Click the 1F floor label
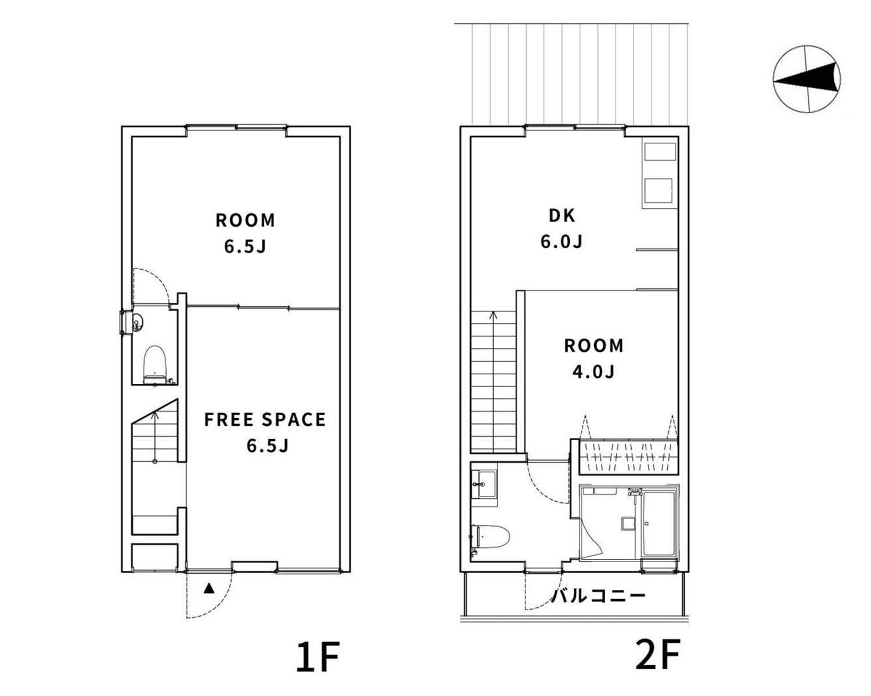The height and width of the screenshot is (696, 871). coord(317,657)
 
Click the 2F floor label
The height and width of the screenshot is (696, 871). coord(657,654)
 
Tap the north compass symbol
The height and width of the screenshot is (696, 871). coord(806,79)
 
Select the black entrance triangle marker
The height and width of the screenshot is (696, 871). coord(209,588)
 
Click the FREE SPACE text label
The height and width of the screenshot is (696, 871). coord(265,419)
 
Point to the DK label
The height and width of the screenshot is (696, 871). coord(562,216)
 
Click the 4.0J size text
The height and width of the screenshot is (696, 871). coord(593,372)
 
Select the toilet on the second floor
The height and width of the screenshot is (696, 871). coord(490,537)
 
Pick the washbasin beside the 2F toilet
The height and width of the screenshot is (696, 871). coord(484,484)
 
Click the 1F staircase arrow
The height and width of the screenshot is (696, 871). coord(154,437)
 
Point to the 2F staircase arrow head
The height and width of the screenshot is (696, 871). coord(494,314)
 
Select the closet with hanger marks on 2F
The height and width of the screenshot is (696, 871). coord(628,457)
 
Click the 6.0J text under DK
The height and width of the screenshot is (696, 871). coord(562,242)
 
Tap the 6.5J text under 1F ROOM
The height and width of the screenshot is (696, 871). coord(245,246)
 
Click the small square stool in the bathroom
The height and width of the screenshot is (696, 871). coord(628,524)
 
